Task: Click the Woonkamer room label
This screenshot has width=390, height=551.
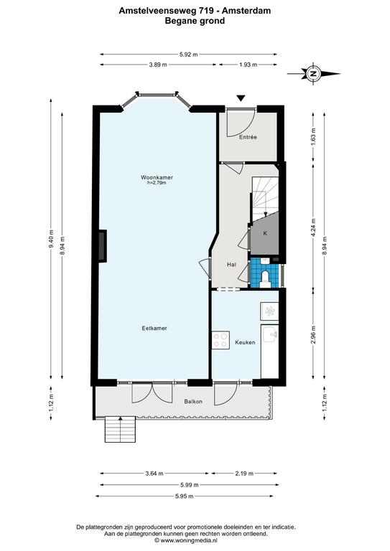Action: [157, 177]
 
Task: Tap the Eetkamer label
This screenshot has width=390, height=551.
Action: [154, 328]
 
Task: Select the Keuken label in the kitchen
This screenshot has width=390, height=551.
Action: [245, 342]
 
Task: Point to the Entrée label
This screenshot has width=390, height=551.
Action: [248, 137]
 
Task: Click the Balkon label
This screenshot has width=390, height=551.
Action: [193, 401]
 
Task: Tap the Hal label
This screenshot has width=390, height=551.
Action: [231, 265]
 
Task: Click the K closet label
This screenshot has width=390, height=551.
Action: [265, 233]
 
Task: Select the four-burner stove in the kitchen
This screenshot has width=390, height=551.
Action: [220, 340]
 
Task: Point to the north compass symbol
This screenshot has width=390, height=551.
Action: [312, 74]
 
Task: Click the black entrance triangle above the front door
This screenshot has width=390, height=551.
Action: [241, 98]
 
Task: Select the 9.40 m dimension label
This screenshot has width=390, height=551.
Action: [51, 239]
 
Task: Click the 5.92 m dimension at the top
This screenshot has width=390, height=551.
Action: [188, 55]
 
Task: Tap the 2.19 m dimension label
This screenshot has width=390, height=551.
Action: [244, 474]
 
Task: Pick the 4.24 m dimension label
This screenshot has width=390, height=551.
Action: [313, 227]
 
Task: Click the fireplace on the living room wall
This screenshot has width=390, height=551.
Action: [102, 245]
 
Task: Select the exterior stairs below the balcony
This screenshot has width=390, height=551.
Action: [120, 429]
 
